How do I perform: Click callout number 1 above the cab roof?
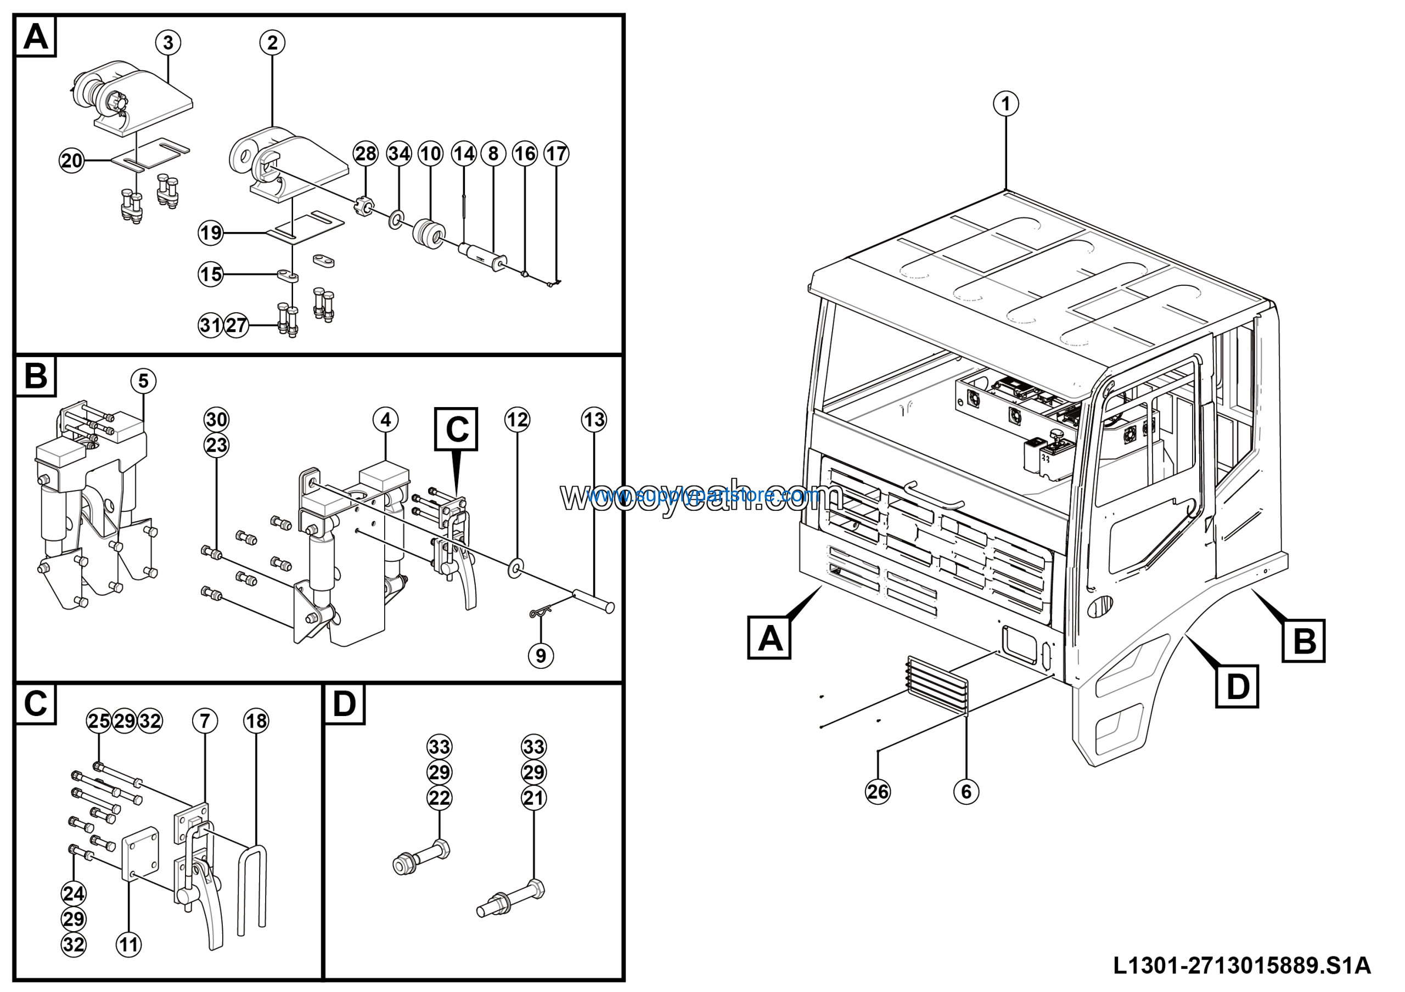click(x=1005, y=103)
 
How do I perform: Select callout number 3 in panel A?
click(x=168, y=43)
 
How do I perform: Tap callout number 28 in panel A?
click(x=366, y=154)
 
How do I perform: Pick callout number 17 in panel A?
click(x=557, y=154)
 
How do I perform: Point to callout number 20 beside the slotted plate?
click(x=71, y=161)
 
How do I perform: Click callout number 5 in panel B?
click(x=143, y=381)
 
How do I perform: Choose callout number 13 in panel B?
click(x=594, y=420)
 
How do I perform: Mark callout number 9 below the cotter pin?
click(x=541, y=656)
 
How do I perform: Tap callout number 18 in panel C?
click(x=256, y=720)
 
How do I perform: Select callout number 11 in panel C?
click(x=128, y=944)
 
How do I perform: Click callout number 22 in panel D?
click(x=440, y=798)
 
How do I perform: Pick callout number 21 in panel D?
click(x=533, y=798)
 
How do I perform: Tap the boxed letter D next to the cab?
click(x=1237, y=687)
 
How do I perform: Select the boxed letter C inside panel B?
click(x=457, y=430)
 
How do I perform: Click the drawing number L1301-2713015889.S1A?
click(x=1241, y=966)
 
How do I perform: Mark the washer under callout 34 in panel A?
click(x=396, y=218)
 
